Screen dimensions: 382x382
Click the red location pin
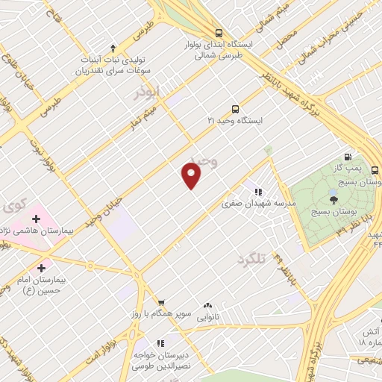(192, 175)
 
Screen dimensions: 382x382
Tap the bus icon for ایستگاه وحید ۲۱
(236, 108)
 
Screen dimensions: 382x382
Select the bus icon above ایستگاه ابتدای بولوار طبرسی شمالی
(219, 33)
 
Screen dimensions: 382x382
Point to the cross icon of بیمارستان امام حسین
(40, 267)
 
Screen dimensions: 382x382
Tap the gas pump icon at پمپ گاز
(348, 157)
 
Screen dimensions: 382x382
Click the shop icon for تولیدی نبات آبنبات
(113, 46)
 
